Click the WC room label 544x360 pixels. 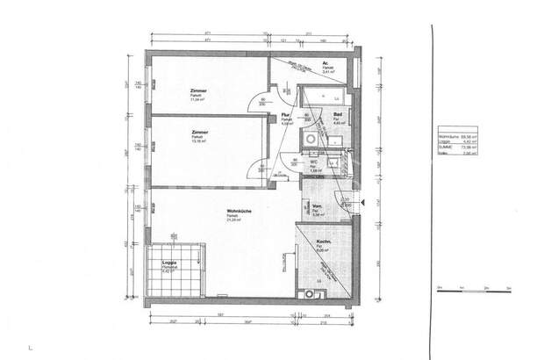[x=313, y=162]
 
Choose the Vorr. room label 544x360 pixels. [x=317, y=207]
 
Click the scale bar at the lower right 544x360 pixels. [x=474, y=288]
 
